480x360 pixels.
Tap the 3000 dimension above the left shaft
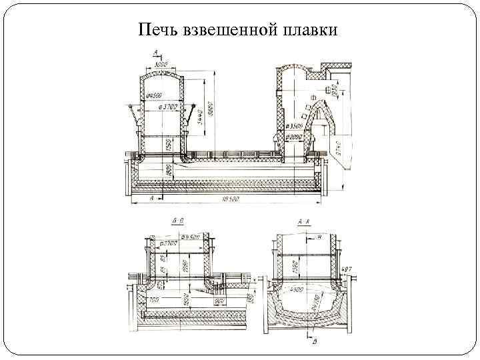(161, 65)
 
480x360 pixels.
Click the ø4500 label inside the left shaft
(153, 94)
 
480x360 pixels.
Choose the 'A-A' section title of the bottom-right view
(303, 221)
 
